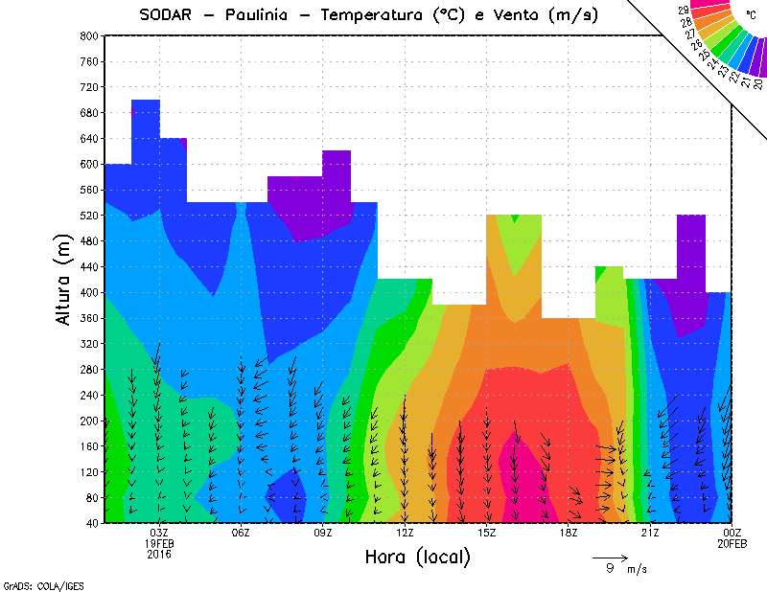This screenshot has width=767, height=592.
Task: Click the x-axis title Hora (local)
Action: [x=416, y=557]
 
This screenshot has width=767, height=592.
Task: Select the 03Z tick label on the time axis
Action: [x=159, y=533]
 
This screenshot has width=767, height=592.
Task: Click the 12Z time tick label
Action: [x=405, y=533]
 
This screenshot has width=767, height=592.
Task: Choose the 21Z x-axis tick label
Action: [x=650, y=533]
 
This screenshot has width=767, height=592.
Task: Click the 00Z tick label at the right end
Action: [x=732, y=533]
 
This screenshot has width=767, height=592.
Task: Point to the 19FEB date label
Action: [x=159, y=543]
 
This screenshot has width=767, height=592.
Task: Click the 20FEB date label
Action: [x=732, y=543]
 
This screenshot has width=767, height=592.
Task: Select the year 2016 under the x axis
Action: [x=159, y=554]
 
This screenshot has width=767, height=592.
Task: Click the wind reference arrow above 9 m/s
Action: [x=610, y=556]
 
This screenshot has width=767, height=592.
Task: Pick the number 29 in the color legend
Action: [x=685, y=10]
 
